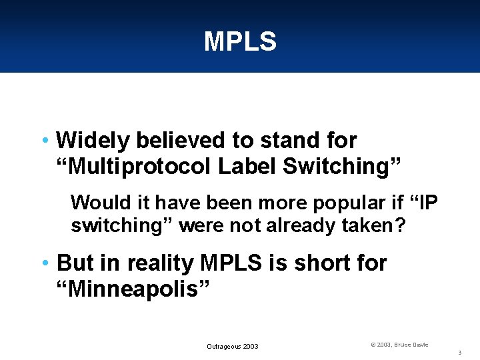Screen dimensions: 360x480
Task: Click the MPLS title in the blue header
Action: [x=240, y=42]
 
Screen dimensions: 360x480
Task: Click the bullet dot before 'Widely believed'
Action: [x=44, y=141]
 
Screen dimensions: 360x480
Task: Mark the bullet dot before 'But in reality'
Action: [x=44, y=263]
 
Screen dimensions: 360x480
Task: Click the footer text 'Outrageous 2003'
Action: [x=232, y=346]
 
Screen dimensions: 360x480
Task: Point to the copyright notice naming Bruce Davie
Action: [x=399, y=345]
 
